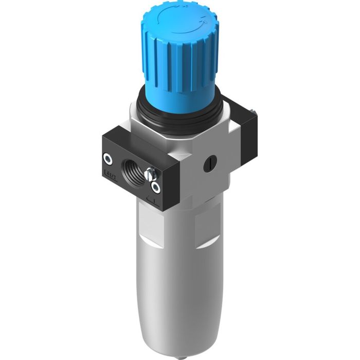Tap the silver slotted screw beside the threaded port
tap(151, 173)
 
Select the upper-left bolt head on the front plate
tap(108, 158)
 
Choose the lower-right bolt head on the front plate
tap(155, 187)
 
